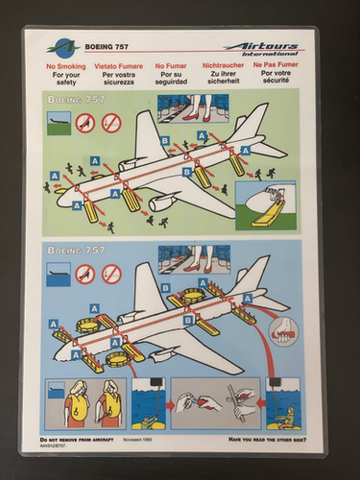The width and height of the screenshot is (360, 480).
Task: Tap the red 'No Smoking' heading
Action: pos(66,66)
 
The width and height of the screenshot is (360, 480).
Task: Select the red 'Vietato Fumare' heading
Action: pos(119,66)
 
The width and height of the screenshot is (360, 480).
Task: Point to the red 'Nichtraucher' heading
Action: pos(223,66)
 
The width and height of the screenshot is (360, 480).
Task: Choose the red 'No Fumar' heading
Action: pos(171,66)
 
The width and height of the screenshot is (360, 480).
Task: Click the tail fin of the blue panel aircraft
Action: pos(252,274)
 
